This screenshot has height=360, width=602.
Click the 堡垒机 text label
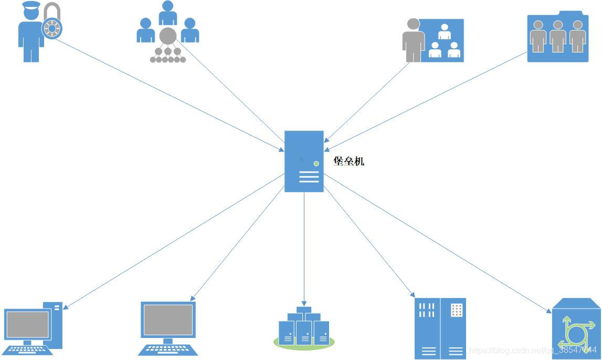[x=348, y=161]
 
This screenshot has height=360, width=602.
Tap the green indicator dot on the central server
[x=316, y=164]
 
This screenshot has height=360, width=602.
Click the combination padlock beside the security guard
[x=52, y=27]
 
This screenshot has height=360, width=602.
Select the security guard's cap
[x=31, y=6]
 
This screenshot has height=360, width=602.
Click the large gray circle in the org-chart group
[x=168, y=36]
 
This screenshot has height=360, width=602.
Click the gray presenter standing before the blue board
[x=414, y=40]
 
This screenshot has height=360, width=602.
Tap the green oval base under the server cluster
[x=304, y=344]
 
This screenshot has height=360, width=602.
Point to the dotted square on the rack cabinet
[x=457, y=310]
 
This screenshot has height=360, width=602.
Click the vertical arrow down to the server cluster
[x=304, y=247]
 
